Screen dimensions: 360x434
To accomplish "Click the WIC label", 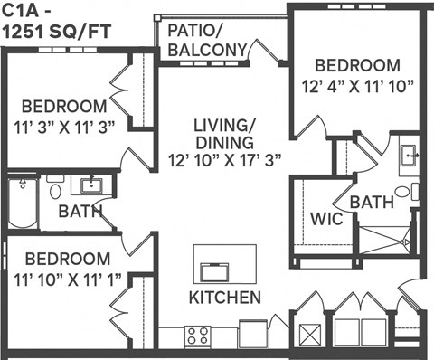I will (x=325, y=220).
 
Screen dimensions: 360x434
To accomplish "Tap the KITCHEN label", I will (x=225, y=298).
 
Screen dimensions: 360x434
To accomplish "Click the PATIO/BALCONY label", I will (x=207, y=40).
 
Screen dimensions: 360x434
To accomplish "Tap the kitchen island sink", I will (x=218, y=270).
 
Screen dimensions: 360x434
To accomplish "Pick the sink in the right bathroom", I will (x=408, y=156).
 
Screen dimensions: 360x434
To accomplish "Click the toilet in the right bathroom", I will (x=413, y=192).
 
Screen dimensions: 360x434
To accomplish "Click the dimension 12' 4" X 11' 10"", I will (x=358, y=87).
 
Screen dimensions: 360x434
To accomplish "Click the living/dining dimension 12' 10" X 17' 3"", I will (x=225, y=159).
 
